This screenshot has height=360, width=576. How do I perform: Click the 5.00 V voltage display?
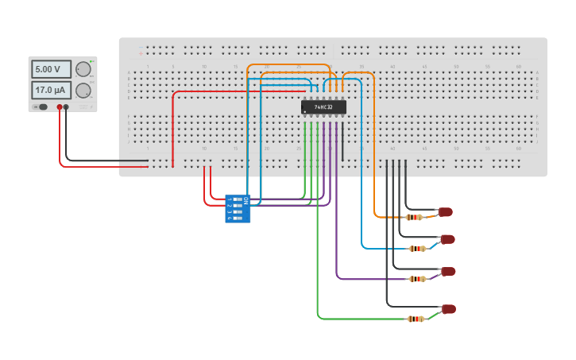pyautogui.click(x=51, y=69)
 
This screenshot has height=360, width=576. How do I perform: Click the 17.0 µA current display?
pyautogui.click(x=51, y=90)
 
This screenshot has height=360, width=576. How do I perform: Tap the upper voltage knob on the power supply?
pyautogui.click(x=83, y=69)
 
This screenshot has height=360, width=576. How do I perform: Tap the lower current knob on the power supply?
pyautogui.click(x=83, y=90)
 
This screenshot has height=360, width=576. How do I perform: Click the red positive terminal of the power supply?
pyautogui.click(x=59, y=106)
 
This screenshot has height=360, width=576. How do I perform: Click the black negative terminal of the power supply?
pyautogui.click(x=66, y=106)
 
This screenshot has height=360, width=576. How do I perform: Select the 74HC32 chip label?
pyautogui.click(x=323, y=106)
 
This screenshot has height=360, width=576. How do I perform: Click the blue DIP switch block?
pyautogui.click(x=238, y=208)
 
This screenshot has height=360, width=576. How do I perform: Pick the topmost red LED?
pyautogui.click(x=446, y=212)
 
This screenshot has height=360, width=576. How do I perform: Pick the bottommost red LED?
pyautogui.click(x=449, y=309)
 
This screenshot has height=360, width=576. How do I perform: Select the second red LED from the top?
pyautogui.click(x=448, y=239)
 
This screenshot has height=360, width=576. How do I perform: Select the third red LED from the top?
pyautogui.click(x=449, y=272)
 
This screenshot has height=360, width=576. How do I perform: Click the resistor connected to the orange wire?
pyautogui.click(x=414, y=217)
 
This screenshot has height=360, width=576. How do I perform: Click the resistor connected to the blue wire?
pyautogui.click(x=417, y=249)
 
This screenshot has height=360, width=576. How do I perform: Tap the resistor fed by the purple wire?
pyautogui.click(x=417, y=279)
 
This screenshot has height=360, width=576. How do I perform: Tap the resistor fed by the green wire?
pyautogui.click(x=416, y=319)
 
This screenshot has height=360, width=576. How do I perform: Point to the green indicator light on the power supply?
pyautogui.click(x=92, y=61)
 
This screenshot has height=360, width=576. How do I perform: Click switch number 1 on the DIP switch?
pyautogui.click(x=238, y=199)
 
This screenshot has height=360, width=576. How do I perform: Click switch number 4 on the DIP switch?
pyautogui.click(x=238, y=217)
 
